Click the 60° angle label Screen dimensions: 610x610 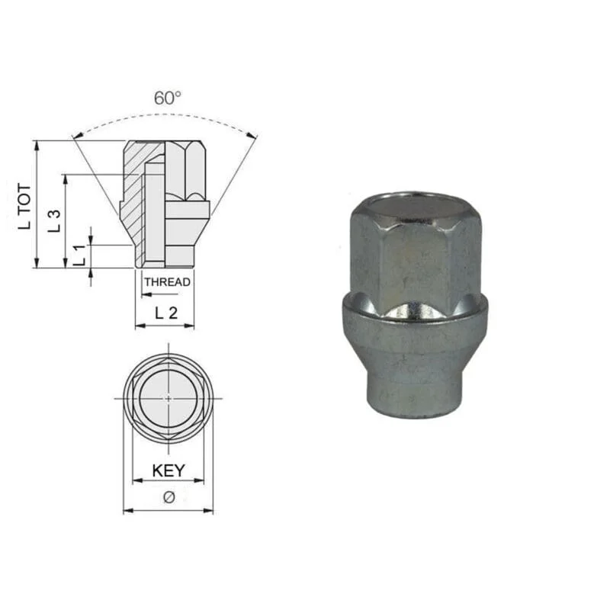168,98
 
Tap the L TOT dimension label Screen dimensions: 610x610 24,207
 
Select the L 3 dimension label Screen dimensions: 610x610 54,221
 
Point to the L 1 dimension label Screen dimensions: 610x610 80,255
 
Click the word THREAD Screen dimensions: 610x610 168,282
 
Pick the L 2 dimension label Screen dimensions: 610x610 166,313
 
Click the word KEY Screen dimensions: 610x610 169,470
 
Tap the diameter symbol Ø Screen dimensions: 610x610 169,497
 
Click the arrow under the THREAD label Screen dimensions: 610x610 160,294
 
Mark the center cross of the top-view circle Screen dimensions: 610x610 169,398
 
